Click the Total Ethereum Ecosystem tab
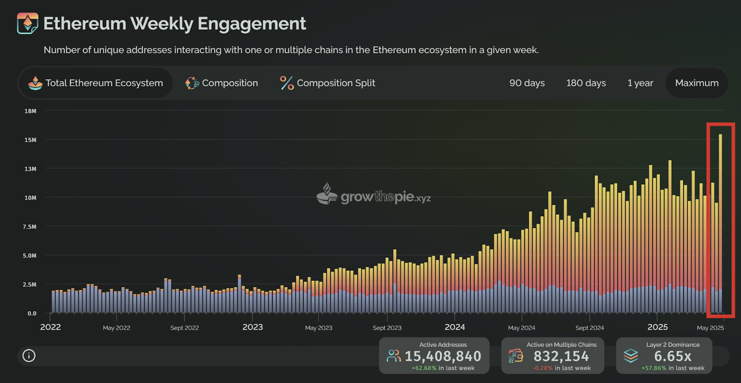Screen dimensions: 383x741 [95, 83]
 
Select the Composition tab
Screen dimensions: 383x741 [222, 83]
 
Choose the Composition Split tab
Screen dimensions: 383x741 [327, 83]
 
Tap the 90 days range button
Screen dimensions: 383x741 [527, 83]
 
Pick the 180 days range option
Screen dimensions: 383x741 [586, 83]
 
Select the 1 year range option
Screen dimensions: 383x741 [640, 83]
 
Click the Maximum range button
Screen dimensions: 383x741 [697, 83]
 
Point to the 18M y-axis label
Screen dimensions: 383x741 [30, 111]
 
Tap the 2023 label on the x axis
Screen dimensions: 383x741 [252, 327]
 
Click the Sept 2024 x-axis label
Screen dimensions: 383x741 [590, 328]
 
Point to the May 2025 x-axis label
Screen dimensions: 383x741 [710, 328]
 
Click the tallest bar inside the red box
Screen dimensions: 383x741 [720, 222]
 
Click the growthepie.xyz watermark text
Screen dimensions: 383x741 [385, 197]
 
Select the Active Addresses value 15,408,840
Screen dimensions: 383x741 [443, 356]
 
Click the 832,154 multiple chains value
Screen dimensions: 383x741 [561, 356]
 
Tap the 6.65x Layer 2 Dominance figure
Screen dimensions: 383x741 [672, 356]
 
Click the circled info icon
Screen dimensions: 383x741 [29, 356]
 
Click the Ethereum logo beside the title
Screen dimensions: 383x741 [27, 23]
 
